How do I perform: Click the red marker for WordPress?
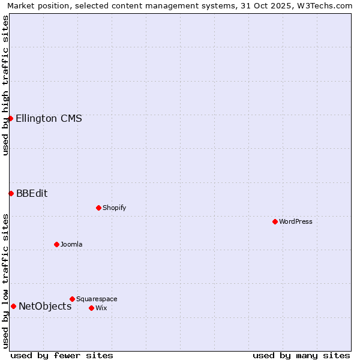tap(275, 221)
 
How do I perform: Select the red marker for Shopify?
tap(98, 208)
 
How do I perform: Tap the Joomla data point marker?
tap(56, 244)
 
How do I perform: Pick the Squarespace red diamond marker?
tap(72, 299)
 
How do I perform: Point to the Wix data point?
tap(91, 308)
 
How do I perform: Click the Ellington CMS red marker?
tap(10, 118)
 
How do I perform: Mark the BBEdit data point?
tap(11, 193)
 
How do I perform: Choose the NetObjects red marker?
tap(13, 306)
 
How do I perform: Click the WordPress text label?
tap(296, 221)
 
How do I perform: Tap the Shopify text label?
tap(114, 208)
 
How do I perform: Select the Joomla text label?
tap(71, 244)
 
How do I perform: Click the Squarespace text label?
tap(97, 299)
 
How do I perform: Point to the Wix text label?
tap(101, 308)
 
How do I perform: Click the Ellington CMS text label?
tap(49, 118)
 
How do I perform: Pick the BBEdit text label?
tap(32, 193)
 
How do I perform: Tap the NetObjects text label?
tap(45, 306)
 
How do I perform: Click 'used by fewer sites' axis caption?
tap(62, 355)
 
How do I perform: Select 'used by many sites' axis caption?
tap(301, 355)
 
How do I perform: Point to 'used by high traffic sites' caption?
tap(5, 85)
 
